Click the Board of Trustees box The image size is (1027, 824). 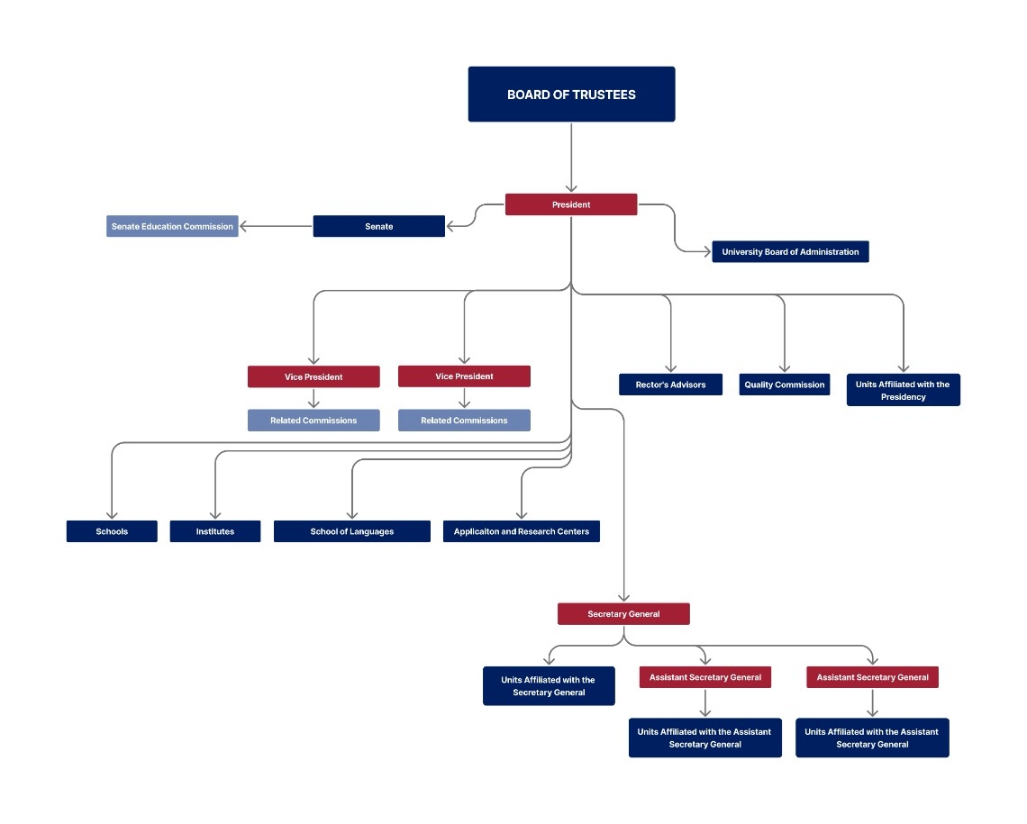[x=571, y=95]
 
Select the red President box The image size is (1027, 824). [x=571, y=204]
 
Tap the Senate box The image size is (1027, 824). [x=378, y=226]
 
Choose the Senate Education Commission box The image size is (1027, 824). [x=172, y=226]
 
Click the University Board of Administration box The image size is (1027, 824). [x=791, y=251]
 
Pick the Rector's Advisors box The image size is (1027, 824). [x=670, y=385]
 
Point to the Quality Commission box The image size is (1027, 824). [x=785, y=385]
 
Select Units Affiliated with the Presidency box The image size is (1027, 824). [x=904, y=390]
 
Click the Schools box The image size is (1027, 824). [x=112, y=531]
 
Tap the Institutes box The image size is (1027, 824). [x=214, y=531]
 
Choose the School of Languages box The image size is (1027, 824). [x=351, y=531]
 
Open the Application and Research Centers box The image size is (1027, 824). [x=522, y=531]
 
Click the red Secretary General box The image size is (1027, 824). [x=623, y=614]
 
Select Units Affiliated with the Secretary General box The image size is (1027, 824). [x=549, y=686]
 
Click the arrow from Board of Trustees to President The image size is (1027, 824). [x=571, y=157]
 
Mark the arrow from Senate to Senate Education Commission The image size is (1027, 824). [x=276, y=226]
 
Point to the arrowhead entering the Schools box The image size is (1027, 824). [x=112, y=516]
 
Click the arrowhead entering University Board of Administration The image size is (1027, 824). [x=707, y=251]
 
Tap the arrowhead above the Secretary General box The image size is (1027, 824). [x=623, y=598]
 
